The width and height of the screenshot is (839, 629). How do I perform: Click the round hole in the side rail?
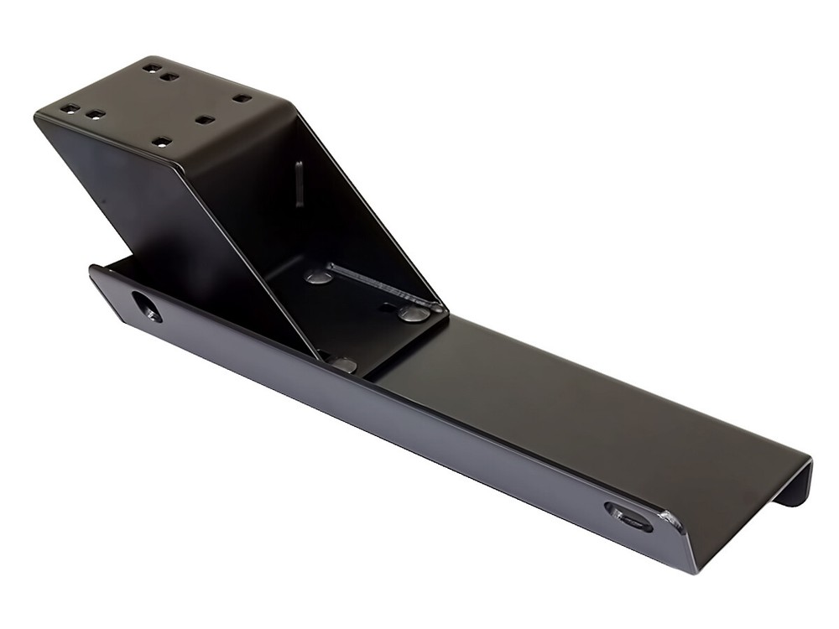[x=146, y=306]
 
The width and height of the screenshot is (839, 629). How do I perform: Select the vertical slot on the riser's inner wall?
[x=300, y=184]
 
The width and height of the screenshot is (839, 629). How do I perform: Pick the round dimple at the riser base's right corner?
[x=414, y=314]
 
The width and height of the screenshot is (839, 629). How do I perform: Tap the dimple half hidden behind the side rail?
[x=341, y=363]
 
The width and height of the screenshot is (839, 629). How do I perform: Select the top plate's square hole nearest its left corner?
[x=69, y=108]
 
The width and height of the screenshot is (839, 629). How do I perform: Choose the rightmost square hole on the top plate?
[x=242, y=98]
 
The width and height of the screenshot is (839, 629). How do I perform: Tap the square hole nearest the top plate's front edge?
[x=163, y=141]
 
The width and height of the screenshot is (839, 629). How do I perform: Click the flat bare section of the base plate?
[x=571, y=403]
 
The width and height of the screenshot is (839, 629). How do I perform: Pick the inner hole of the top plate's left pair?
[x=96, y=115]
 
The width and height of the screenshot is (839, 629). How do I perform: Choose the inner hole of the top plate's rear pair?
[x=169, y=76]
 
